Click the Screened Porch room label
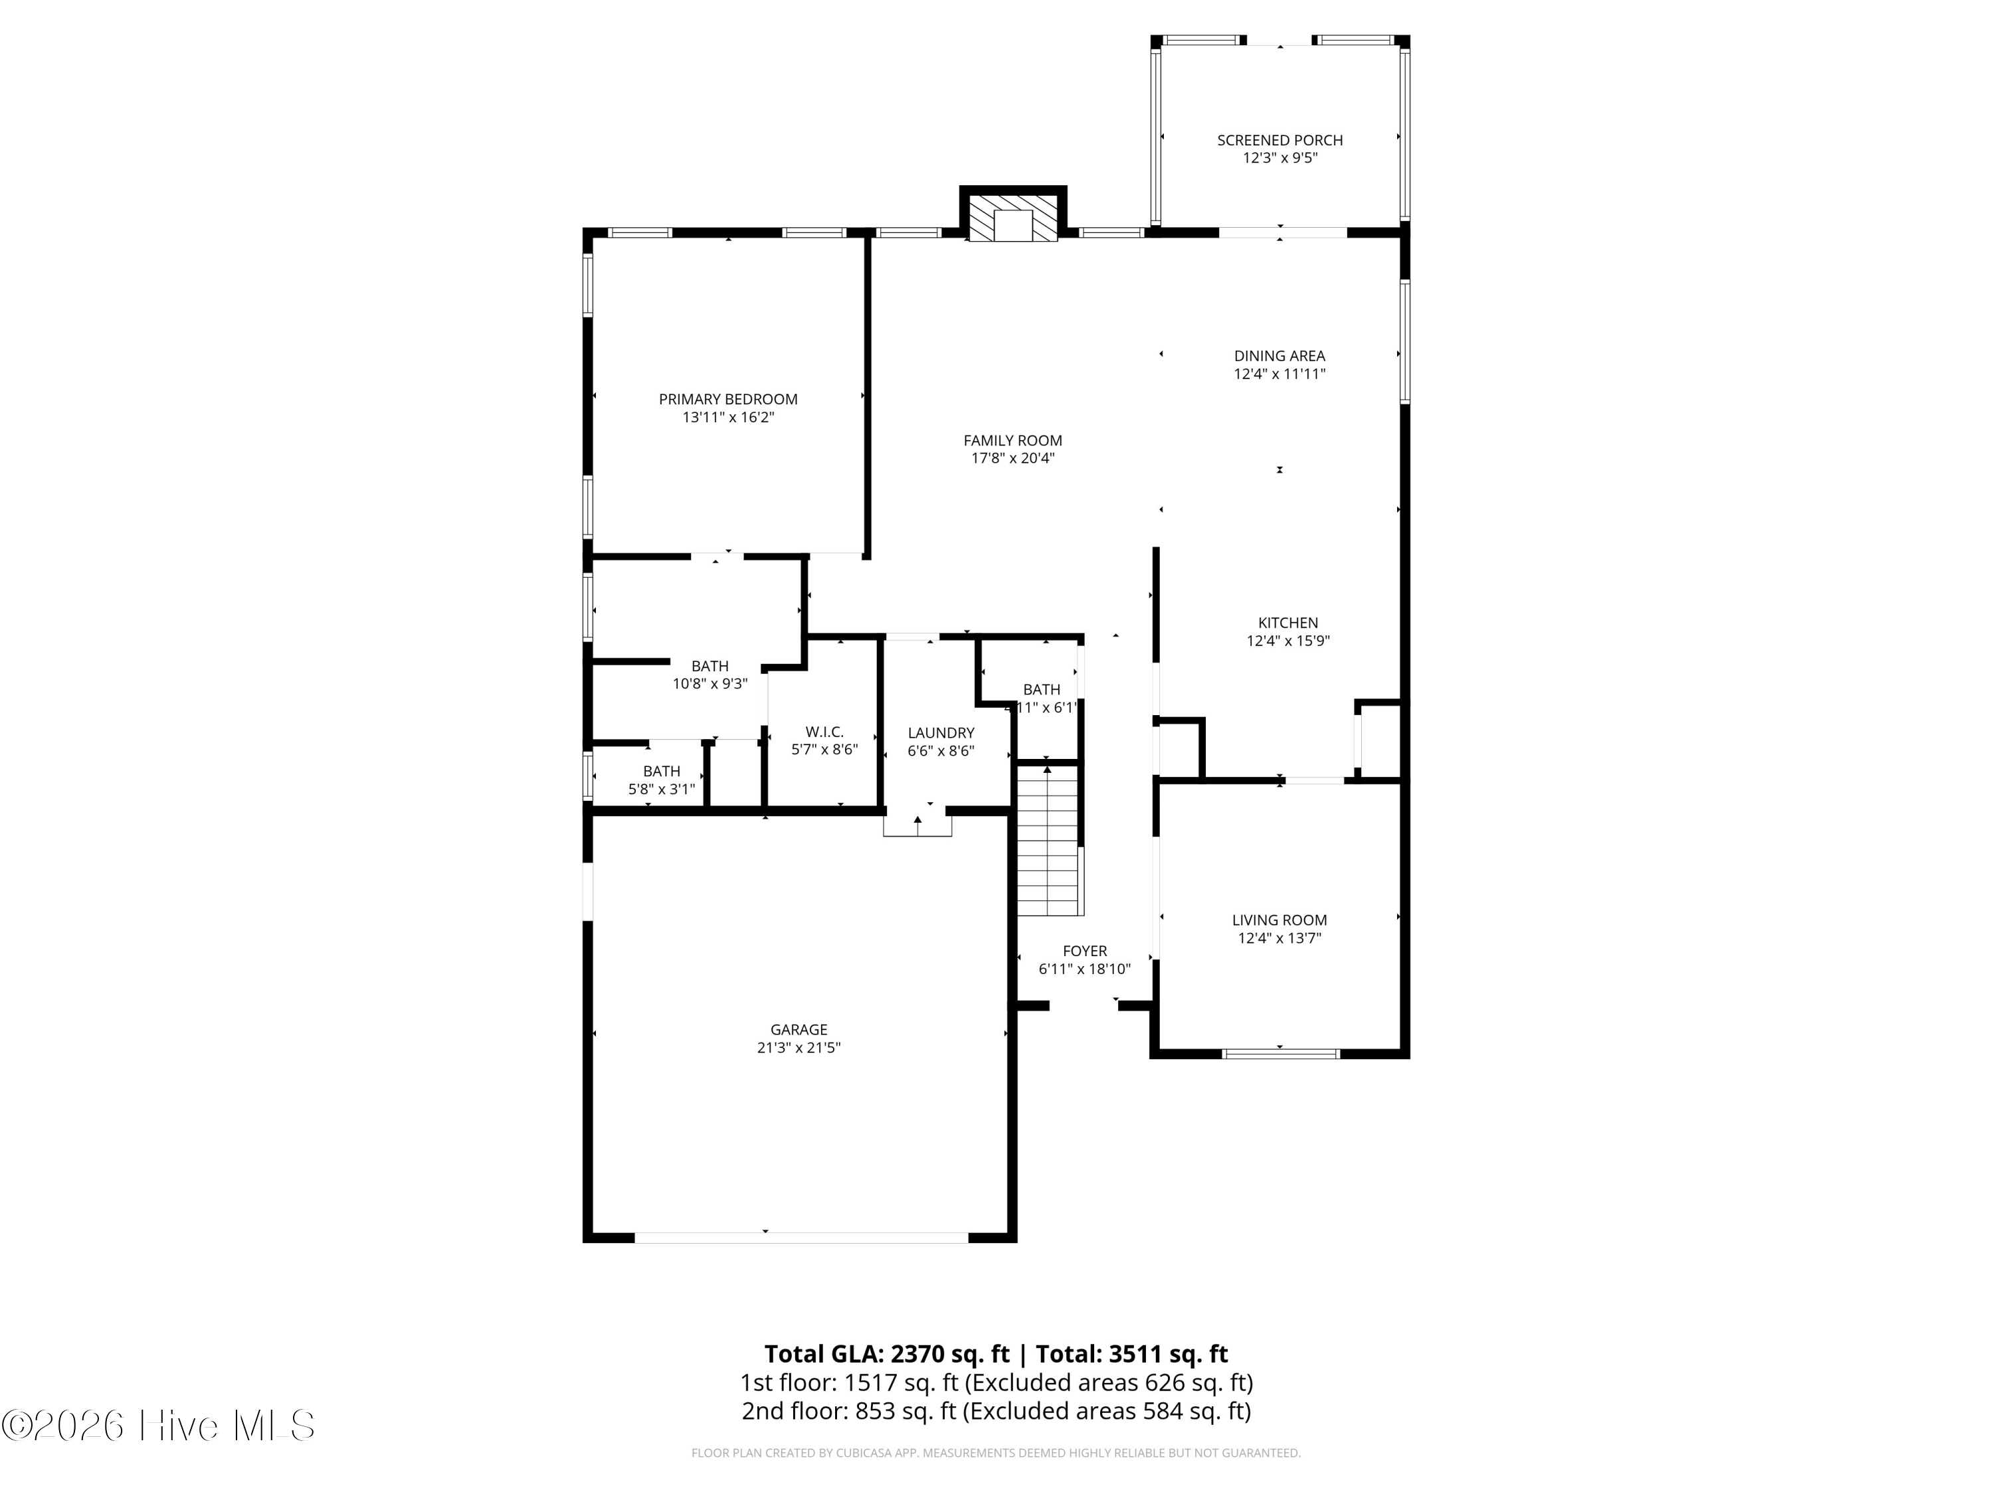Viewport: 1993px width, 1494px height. (x=1280, y=141)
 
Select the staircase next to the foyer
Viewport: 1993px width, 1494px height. (x=1048, y=840)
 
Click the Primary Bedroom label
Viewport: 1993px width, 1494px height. (x=728, y=400)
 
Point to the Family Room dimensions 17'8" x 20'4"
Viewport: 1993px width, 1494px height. (x=1012, y=458)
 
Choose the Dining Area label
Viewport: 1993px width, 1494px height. (x=1280, y=357)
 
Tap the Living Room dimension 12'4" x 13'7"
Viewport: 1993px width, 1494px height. (x=1280, y=938)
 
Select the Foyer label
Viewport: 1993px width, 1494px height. (x=1085, y=951)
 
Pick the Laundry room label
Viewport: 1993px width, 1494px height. (x=941, y=733)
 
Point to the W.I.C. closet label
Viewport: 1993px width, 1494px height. (x=824, y=732)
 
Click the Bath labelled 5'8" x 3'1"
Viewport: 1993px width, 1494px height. (x=661, y=772)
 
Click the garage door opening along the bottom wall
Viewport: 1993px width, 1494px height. (x=801, y=1237)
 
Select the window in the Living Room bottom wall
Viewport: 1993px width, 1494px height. (x=1280, y=1052)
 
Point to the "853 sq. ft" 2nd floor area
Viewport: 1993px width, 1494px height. (x=900, y=1411)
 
